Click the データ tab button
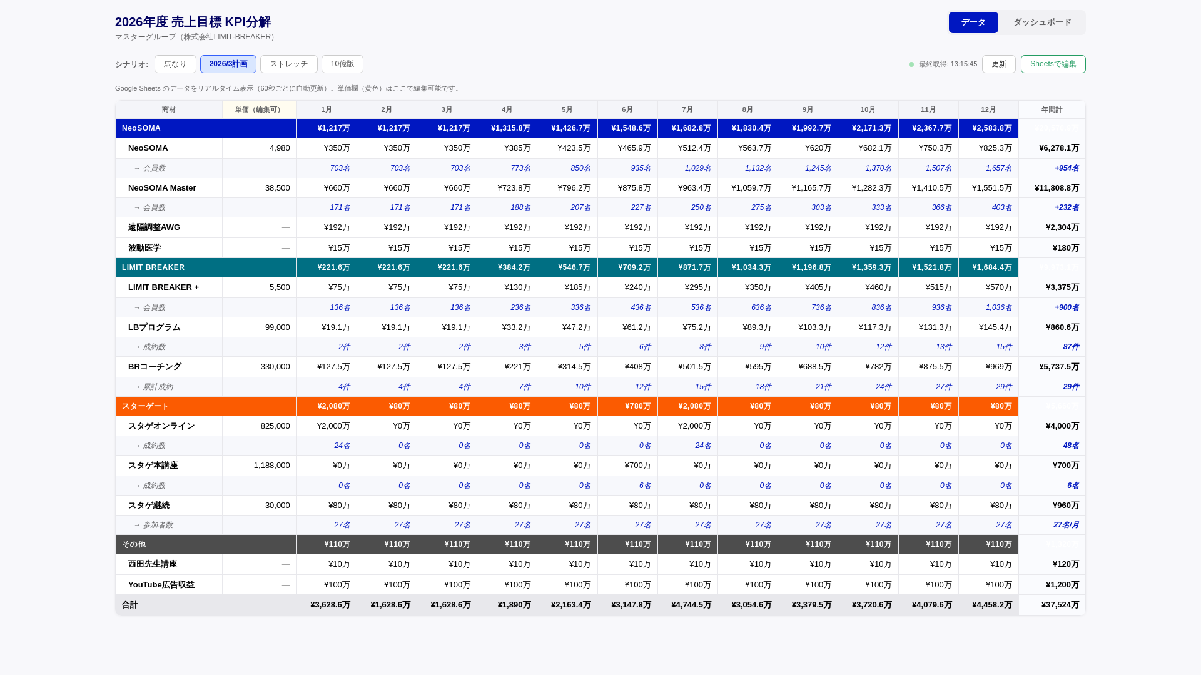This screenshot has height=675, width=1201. point(973,22)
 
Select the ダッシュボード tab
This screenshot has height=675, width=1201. point(1041,22)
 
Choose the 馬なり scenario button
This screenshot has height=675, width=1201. point(175,64)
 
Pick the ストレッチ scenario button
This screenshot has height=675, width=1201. point(288,64)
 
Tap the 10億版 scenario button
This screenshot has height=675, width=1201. point(342,64)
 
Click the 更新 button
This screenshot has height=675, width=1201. point(998,64)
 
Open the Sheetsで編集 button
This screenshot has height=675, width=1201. point(1053,64)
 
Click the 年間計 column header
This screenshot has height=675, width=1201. point(1052,109)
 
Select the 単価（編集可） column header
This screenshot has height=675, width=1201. point(259,109)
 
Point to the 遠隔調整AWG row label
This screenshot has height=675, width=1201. point(154,227)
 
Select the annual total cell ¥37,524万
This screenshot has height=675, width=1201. point(1060,605)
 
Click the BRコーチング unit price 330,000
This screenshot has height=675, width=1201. point(275,367)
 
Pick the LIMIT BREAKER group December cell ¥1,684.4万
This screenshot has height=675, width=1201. point(991,267)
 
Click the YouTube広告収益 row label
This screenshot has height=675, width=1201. point(161,585)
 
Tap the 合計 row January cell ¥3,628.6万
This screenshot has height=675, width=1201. point(330,605)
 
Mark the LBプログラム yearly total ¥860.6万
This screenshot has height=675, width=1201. point(1062,327)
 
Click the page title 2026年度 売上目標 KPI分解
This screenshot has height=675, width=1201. point(193,22)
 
